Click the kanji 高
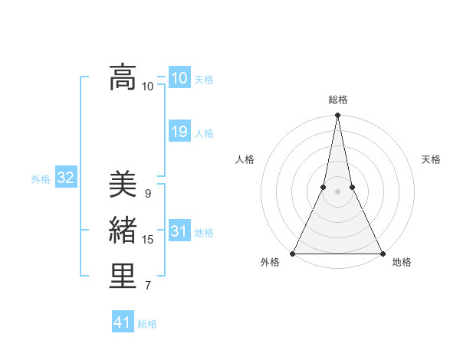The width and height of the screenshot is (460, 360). pos(123,77)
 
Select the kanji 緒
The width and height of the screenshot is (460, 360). pos(123,230)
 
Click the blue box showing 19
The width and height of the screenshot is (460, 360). pos(179,132)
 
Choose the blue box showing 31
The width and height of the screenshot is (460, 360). pos(179,231)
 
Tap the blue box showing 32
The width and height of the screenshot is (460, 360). pos(65,178)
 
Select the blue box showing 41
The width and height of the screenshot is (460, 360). pos(123,322)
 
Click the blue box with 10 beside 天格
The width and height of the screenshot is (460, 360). pos(179,78)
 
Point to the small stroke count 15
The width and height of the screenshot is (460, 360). pos(147,240)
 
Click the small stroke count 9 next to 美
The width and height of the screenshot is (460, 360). pos(147,194)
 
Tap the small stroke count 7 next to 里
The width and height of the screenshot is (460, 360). pos(147,286)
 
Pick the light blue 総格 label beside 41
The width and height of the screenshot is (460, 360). pos(147,324)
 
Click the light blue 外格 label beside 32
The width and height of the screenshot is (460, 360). pos(41,179)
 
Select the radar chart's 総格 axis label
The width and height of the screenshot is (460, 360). pos(338,100)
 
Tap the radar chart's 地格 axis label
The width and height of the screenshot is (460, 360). pos(402,262)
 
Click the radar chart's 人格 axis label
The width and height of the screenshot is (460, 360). pos(245,159)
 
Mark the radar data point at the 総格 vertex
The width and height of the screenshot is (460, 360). pos(337,116)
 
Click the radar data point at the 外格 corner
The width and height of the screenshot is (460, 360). pos(294,254)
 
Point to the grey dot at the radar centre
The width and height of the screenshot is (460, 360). pos(337,192)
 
